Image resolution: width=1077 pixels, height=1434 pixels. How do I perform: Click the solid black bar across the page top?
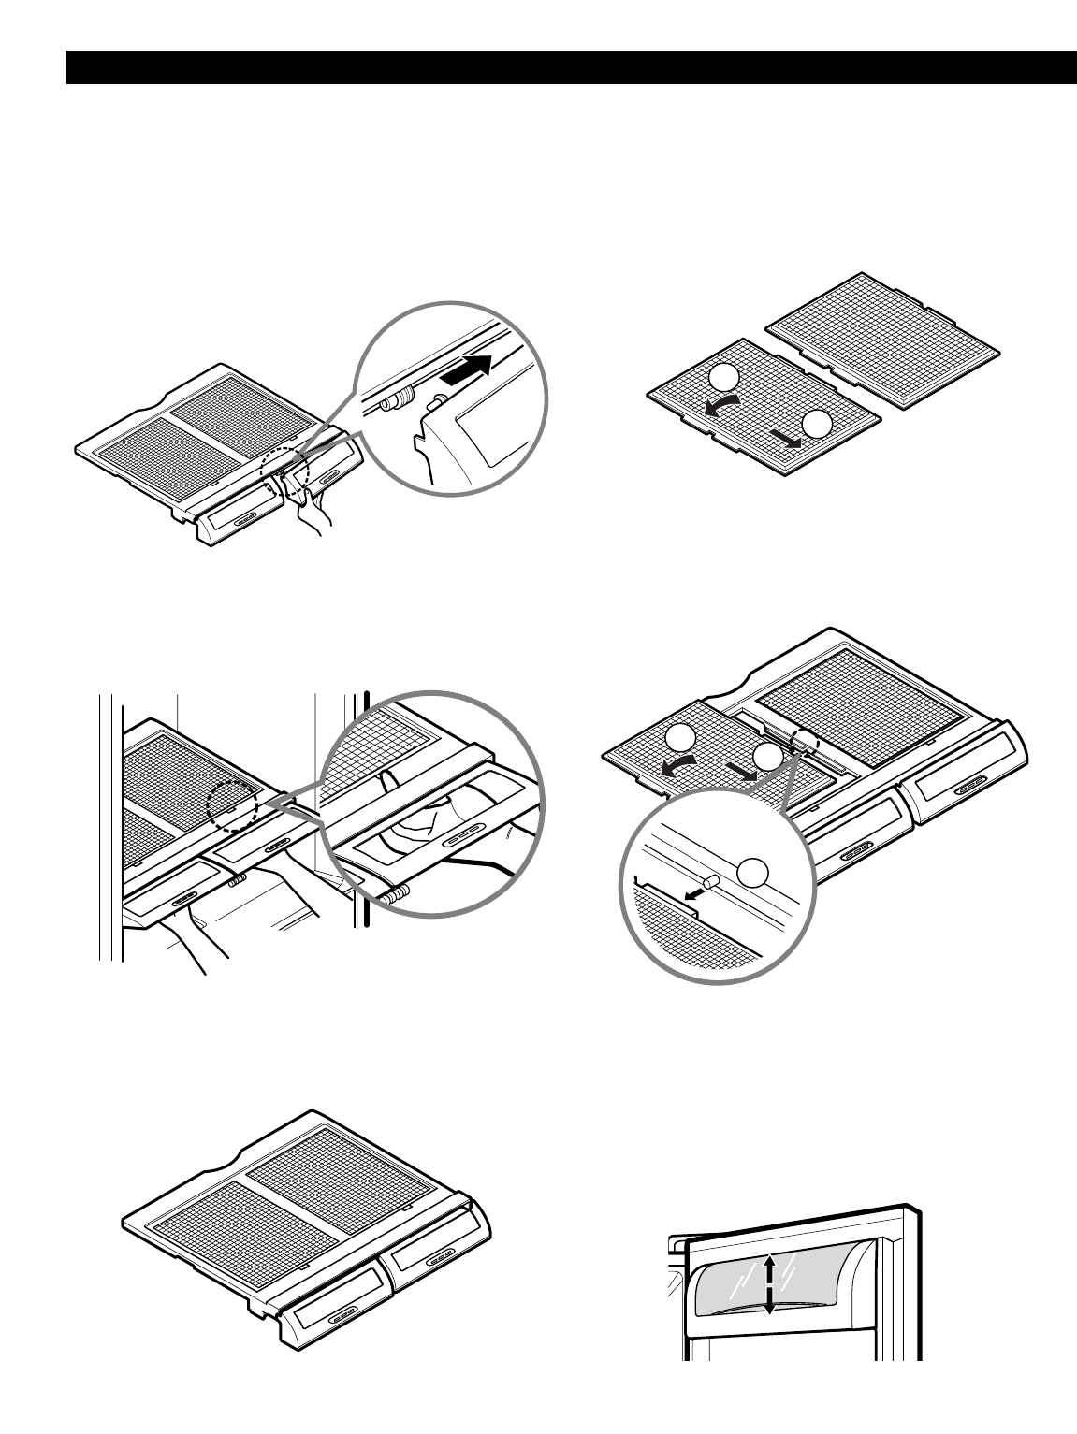click(x=571, y=67)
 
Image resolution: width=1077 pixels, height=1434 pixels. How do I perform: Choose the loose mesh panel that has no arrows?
click(x=883, y=340)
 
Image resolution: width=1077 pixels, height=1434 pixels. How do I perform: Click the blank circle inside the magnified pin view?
click(x=754, y=872)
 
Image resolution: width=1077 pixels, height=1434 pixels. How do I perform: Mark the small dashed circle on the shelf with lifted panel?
click(x=803, y=742)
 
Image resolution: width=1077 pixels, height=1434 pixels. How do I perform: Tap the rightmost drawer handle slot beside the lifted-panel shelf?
click(x=968, y=781)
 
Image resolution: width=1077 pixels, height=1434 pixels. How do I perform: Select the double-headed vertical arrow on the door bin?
click(x=769, y=1285)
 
